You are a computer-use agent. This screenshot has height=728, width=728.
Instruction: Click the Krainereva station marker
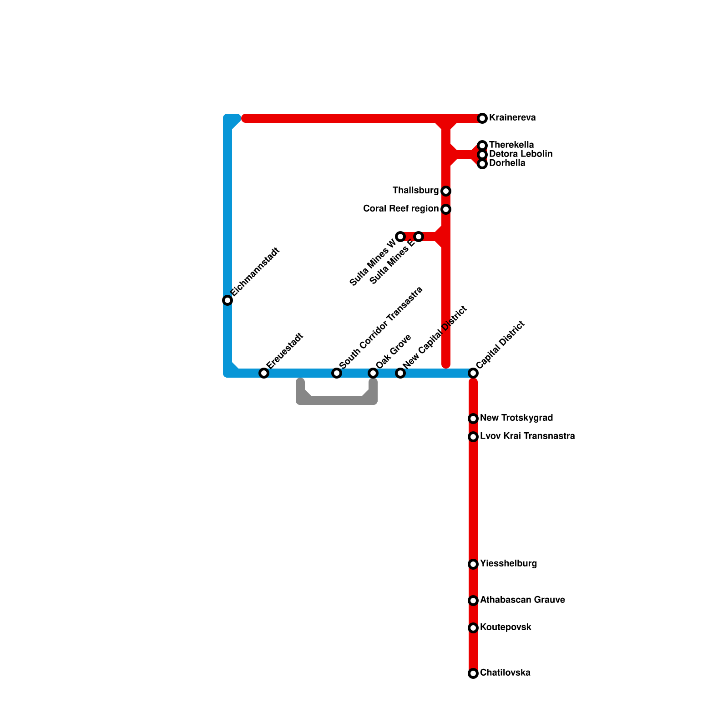click(482, 118)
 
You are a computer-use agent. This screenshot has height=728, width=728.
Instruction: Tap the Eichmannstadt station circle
click(227, 300)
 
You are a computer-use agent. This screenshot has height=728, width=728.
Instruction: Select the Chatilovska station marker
click(473, 673)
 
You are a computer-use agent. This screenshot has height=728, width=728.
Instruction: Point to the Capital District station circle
click(473, 373)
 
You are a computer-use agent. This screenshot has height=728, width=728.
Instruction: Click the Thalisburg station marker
click(446, 191)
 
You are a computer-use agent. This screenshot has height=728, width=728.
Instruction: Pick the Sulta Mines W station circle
click(400, 237)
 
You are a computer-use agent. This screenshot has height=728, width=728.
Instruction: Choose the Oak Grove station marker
click(373, 373)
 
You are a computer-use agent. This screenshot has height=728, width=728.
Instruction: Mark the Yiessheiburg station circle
click(473, 564)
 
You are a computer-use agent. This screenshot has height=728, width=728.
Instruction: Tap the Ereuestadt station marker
click(264, 373)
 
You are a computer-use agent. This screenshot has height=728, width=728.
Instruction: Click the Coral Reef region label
click(400, 209)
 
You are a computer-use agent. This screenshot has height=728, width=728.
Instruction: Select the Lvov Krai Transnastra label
click(527, 436)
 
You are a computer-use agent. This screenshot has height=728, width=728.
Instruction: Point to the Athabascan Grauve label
click(522, 600)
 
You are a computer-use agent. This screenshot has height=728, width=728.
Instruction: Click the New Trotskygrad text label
click(516, 418)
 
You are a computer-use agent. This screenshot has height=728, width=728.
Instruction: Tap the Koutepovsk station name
click(506, 627)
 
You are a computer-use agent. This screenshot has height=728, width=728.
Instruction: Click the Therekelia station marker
click(482, 146)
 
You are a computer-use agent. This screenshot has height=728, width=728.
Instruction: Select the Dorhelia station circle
click(482, 164)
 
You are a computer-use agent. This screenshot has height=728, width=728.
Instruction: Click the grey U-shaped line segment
click(337, 400)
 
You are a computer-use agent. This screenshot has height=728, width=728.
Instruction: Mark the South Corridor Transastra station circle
click(337, 373)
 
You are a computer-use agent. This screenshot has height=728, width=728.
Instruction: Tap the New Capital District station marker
click(400, 373)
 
